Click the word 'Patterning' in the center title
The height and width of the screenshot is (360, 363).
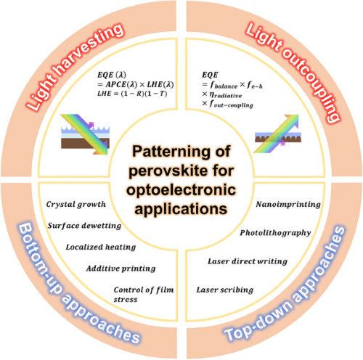tap(171, 152)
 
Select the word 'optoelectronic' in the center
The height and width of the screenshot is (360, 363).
tap(181, 189)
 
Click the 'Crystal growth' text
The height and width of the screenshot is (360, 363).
tap(76, 205)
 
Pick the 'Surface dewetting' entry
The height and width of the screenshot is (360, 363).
tap(84, 226)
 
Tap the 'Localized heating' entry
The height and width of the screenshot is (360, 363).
tap(101, 247)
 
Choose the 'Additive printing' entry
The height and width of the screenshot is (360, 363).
tap(121, 269)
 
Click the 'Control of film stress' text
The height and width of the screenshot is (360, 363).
tap(144, 294)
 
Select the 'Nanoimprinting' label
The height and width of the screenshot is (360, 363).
tap(288, 205)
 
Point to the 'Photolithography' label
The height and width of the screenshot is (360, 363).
tap(275, 233)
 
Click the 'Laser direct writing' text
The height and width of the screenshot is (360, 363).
tap(248, 261)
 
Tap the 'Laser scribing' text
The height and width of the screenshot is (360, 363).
tap(225, 290)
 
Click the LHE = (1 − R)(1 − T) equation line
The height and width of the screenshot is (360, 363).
tap(132, 94)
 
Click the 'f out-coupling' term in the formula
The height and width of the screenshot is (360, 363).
tap(231, 105)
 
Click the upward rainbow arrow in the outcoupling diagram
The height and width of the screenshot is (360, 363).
tap(276, 134)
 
